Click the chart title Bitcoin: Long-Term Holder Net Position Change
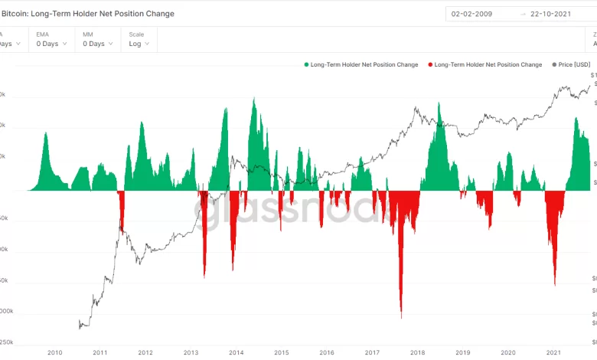[x=89, y=14]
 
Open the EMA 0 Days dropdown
[x=52, y=44]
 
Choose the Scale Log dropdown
[x=139, y=44]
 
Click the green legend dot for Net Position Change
[x=306, y=65]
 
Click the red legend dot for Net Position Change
[x=431, y=65]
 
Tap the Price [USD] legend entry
[x=571, y=65]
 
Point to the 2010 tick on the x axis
[x=54, y=352]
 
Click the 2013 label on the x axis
[x=191, y=352]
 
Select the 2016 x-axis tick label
[x=327, y=352]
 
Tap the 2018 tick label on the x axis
[x=417, y=352]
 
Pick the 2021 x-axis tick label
[x=553, y=352]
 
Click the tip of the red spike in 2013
[x=204, y=277]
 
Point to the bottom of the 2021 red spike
[x=554, y=285]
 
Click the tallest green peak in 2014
[x=253, y=99]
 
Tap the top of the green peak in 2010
[x=45, y=133]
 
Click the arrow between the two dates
[x=523, y=14]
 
